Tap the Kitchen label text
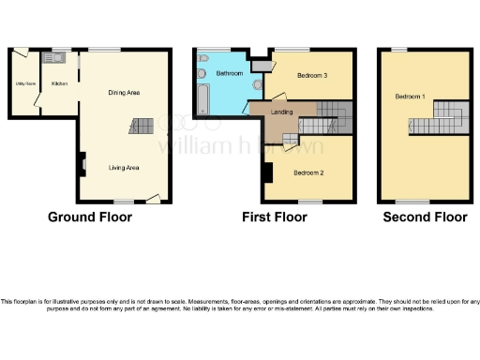(x=59, y=83)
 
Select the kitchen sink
(x=54, y=58)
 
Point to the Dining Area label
(x=124, y=92)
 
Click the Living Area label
(x=124, y=168)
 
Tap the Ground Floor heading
(x=90, y=217)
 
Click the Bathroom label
(x=230, y=73)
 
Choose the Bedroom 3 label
(x=312, y=74)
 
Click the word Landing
(x=281, y=113)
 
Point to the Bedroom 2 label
(x=307, y=172)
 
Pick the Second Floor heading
(x=425, y=217)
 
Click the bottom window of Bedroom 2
(x=310, y=201)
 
